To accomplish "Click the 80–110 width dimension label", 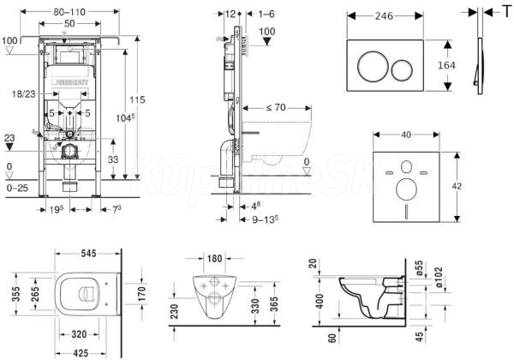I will pyautogui.click(x=69, y=10).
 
